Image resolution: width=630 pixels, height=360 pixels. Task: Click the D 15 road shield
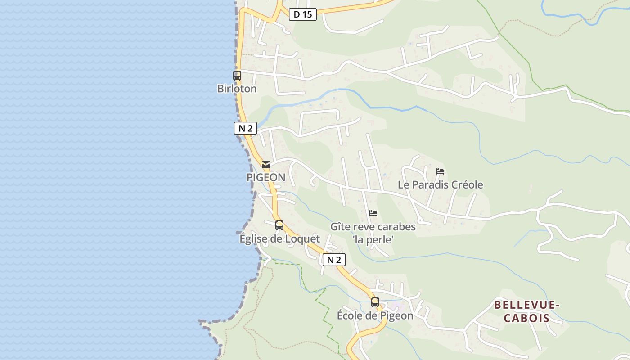303,14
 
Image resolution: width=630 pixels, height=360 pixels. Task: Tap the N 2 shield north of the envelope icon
245,128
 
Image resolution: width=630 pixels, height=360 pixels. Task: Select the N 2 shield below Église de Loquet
334,260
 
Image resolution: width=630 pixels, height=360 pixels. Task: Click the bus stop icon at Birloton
237,76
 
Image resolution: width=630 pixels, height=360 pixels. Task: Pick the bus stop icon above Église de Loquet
279,225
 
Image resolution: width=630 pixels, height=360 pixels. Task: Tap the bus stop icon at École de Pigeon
375,302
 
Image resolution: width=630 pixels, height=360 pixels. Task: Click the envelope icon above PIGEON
266,165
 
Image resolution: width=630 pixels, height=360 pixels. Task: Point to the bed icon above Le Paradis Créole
440,171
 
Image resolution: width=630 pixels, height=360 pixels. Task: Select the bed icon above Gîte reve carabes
373,213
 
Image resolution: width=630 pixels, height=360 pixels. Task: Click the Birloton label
237,89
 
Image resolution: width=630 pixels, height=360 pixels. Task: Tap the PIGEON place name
266,177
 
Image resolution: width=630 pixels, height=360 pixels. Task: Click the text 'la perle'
373,240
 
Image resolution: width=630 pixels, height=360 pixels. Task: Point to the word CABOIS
526,318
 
